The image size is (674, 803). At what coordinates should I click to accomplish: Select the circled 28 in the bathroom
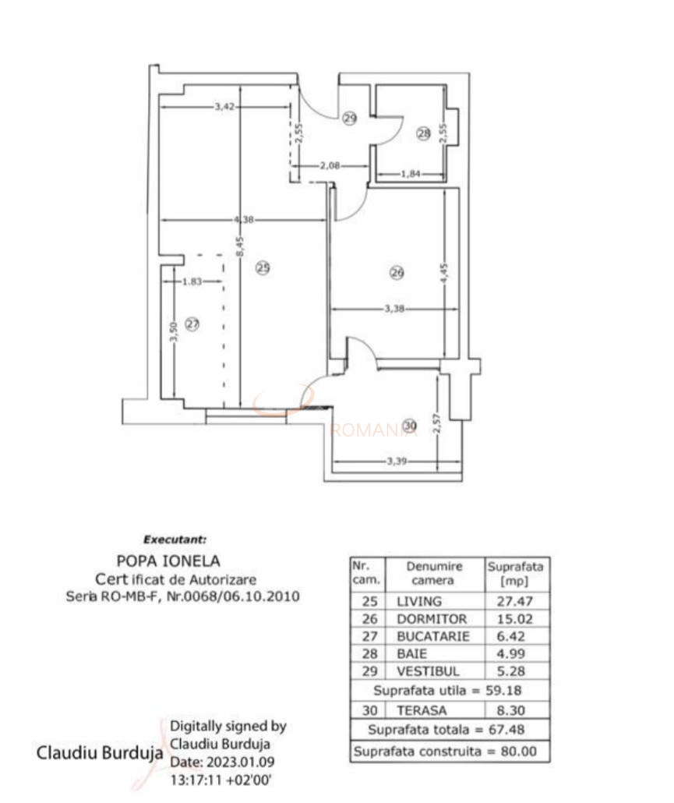click(423, 134)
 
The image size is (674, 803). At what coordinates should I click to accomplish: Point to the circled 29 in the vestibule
click(349, 118)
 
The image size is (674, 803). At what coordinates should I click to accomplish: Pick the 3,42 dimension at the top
click(224, 106)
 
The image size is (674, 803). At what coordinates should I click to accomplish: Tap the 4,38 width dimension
click(244, 220)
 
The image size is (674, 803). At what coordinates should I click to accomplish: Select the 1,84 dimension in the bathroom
click(411, 174)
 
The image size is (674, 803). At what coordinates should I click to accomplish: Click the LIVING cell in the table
click(419, 601)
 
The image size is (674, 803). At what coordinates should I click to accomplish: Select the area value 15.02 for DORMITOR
click(515, 619)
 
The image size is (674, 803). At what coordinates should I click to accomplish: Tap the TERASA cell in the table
click(421, 710)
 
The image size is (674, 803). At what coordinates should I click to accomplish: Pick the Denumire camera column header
click(434, 573)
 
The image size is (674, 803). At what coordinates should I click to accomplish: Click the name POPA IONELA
click(168, 560)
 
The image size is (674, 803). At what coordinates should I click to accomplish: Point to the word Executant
click(175, 539)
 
